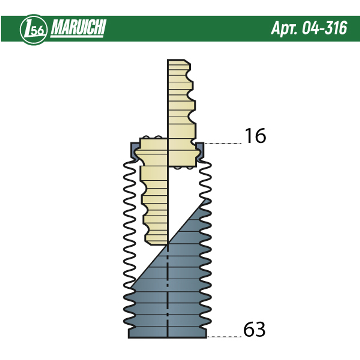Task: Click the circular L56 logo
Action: pyautogui.click(x=34, y=30)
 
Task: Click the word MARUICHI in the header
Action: pyautogui.click(x=78, y=28)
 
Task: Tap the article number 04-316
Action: pyautogui.click(x=324, y=28)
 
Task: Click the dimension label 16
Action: pyautogui.click(x=255, y=136)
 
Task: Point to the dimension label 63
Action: pyautogui.click(x=255, y=329)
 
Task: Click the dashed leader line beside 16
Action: pyautogui.click(x=223, y=143)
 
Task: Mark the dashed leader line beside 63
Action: pyautogui.click(x=224, y=337)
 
